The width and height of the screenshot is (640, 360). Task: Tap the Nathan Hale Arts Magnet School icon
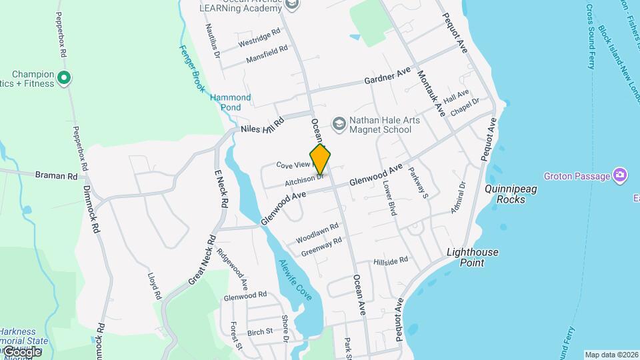coord(339,123)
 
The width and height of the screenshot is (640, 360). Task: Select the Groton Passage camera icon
coord(621,175)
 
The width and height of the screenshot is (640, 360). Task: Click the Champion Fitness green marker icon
coord(64,79)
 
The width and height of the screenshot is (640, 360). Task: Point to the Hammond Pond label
coord(231,102)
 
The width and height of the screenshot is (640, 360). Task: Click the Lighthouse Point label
coord(472,257)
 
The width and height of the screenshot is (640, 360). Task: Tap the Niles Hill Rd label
coord(263,125)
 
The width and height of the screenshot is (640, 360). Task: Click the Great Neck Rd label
coord(202,260)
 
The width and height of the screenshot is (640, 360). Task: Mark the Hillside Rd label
coord(390,261)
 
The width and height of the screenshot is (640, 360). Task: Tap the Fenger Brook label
coord(192,68)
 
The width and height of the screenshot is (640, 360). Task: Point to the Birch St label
coord(260,331)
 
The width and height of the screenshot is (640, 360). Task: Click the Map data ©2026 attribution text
coord(611,355)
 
